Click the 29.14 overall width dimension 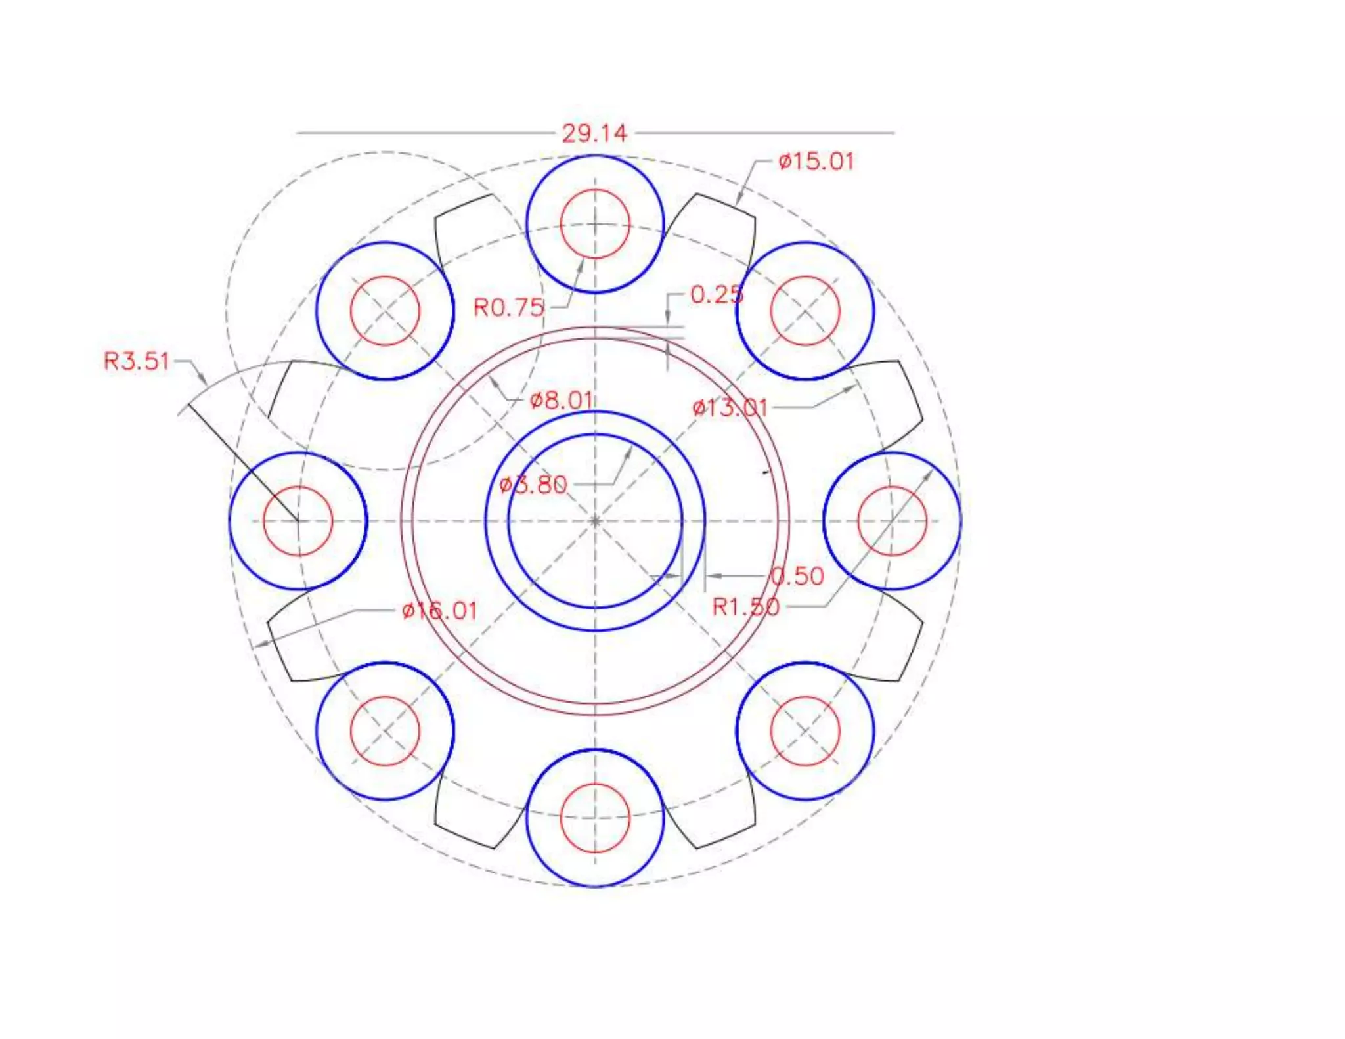point(594,133)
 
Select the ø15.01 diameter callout point(816,162)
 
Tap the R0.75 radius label point(509,307)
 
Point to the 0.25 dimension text point(717,294)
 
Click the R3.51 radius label point(137,361)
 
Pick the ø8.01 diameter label point(562,399)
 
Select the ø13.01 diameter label point(730,408)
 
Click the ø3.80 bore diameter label point(533,485)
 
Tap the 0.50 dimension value point(797,576)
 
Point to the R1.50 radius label point(746,607)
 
